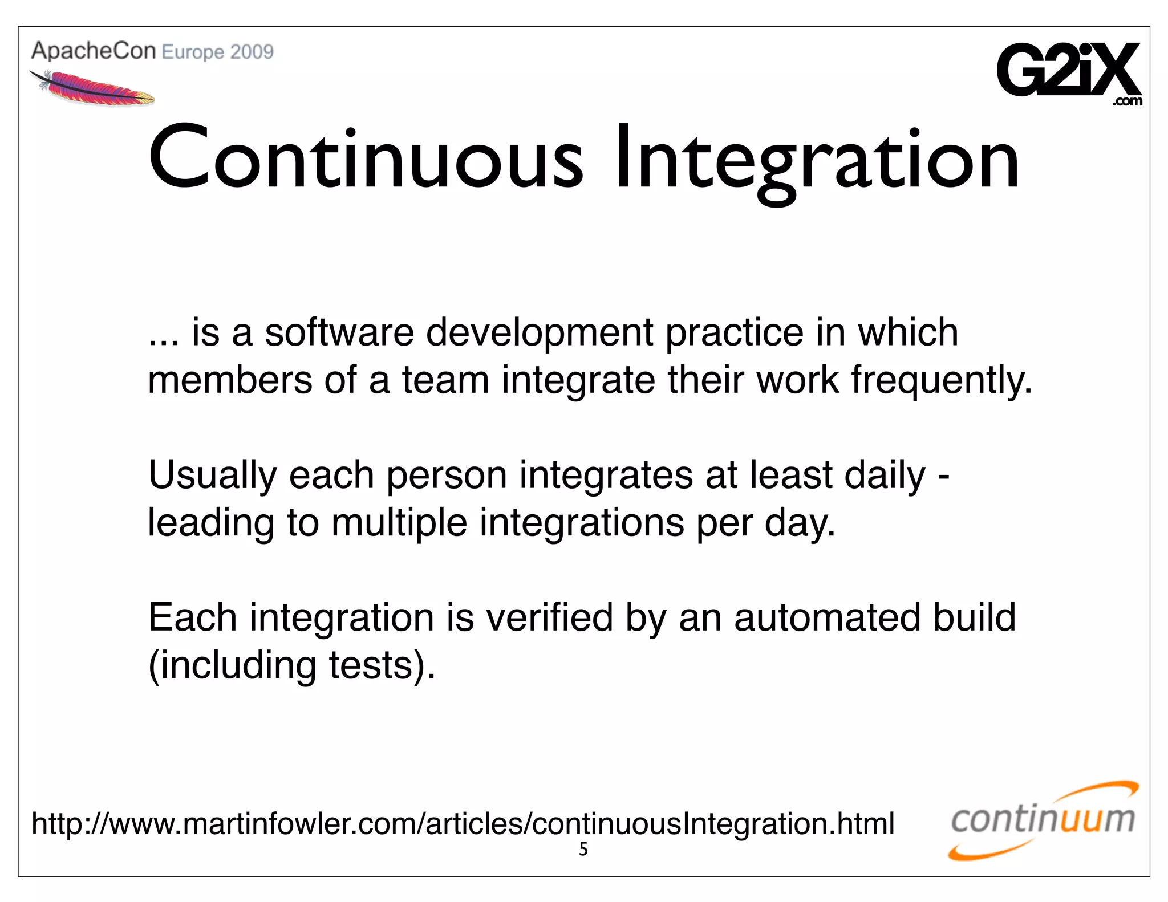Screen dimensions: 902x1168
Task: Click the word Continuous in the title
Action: [x=365, y=160]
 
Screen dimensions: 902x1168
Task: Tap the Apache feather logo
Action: [x=91, y=88]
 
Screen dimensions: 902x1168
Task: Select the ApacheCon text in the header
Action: [x=94, y=51]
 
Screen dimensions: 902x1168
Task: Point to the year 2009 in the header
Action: [x=252, y=52]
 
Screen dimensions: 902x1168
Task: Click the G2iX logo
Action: [x=1068, y=70]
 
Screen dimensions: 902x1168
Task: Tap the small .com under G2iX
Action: [x=1127, y=102]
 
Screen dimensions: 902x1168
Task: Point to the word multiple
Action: [x=399, y=523]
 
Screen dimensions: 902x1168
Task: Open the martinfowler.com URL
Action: [x=463, y=824]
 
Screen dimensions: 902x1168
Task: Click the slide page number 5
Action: [x=583, y=850]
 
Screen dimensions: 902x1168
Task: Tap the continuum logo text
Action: [x=1043, y=820]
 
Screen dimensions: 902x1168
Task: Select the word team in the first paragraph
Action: [x=445, y=381]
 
